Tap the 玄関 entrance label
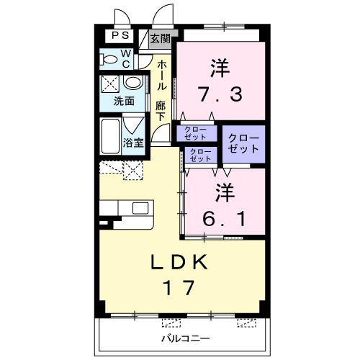160,38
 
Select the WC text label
125,58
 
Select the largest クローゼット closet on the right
242,143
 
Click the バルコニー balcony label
185,338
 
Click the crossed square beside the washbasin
112,83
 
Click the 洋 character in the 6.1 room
223,192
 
